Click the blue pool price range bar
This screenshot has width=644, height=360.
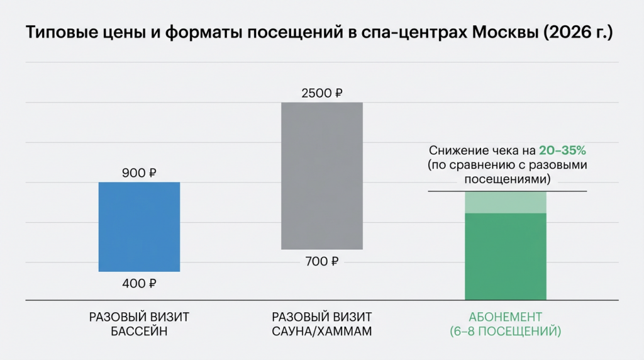click(139, 227)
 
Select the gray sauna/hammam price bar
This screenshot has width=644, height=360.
click(321, 176)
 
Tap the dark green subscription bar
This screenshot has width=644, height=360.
click(505, 256)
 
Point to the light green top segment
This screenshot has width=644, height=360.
click(505, 202)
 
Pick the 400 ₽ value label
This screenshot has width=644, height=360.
click(139, 284)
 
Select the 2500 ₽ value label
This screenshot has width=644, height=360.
click(321, 94)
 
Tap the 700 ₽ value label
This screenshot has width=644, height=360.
click(321, 261)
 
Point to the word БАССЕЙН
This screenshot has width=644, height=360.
click(139, 331)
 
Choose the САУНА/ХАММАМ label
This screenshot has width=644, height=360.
click(321, 331)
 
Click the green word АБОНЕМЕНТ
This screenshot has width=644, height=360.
click(505, 317)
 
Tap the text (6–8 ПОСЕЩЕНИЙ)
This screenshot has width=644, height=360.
click(505, 331)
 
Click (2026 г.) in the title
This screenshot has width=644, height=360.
click(577, 33)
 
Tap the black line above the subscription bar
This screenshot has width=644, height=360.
click(507, 191)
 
